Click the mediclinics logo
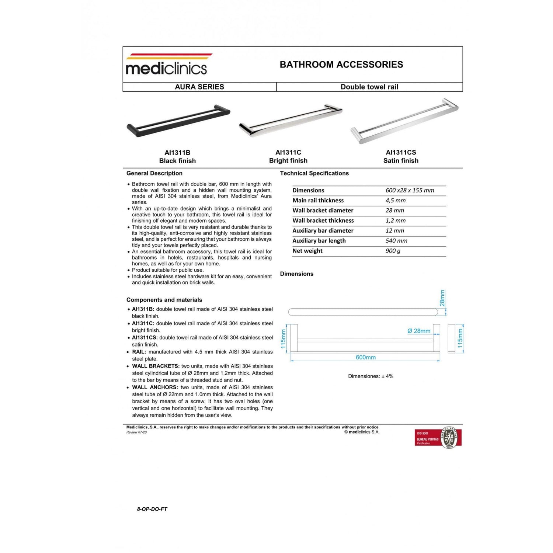click(167, 65)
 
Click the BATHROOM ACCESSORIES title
click(341, 65)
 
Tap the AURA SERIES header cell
click(199, 87)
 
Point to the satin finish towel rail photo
click(404, 121)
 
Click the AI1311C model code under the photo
click(288, 152)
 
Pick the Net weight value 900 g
click(393, 251)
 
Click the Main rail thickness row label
click(318, 201)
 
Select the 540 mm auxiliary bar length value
click(396, 241)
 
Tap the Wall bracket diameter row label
click(323, 211)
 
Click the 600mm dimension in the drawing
click(366, 357)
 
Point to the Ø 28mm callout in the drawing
click(419, 331)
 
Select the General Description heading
click(154, 173)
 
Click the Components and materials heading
click(164, 300)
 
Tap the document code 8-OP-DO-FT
click(152, 509)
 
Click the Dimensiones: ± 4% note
click(371, 376)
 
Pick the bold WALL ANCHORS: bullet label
click(155, 387)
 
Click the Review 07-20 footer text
click(136, 432)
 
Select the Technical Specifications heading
click(314, 173)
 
